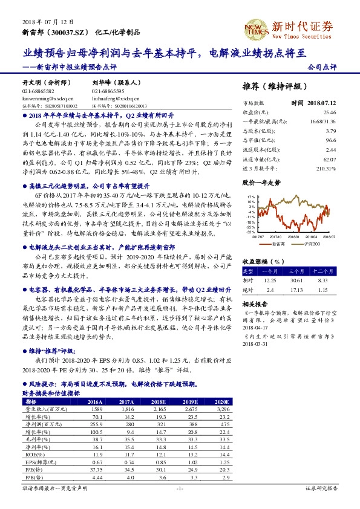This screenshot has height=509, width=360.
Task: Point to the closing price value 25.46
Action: pos(330,112)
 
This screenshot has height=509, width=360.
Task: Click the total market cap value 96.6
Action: pos(330,140)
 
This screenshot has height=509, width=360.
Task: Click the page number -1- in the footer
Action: pos(179,488)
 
